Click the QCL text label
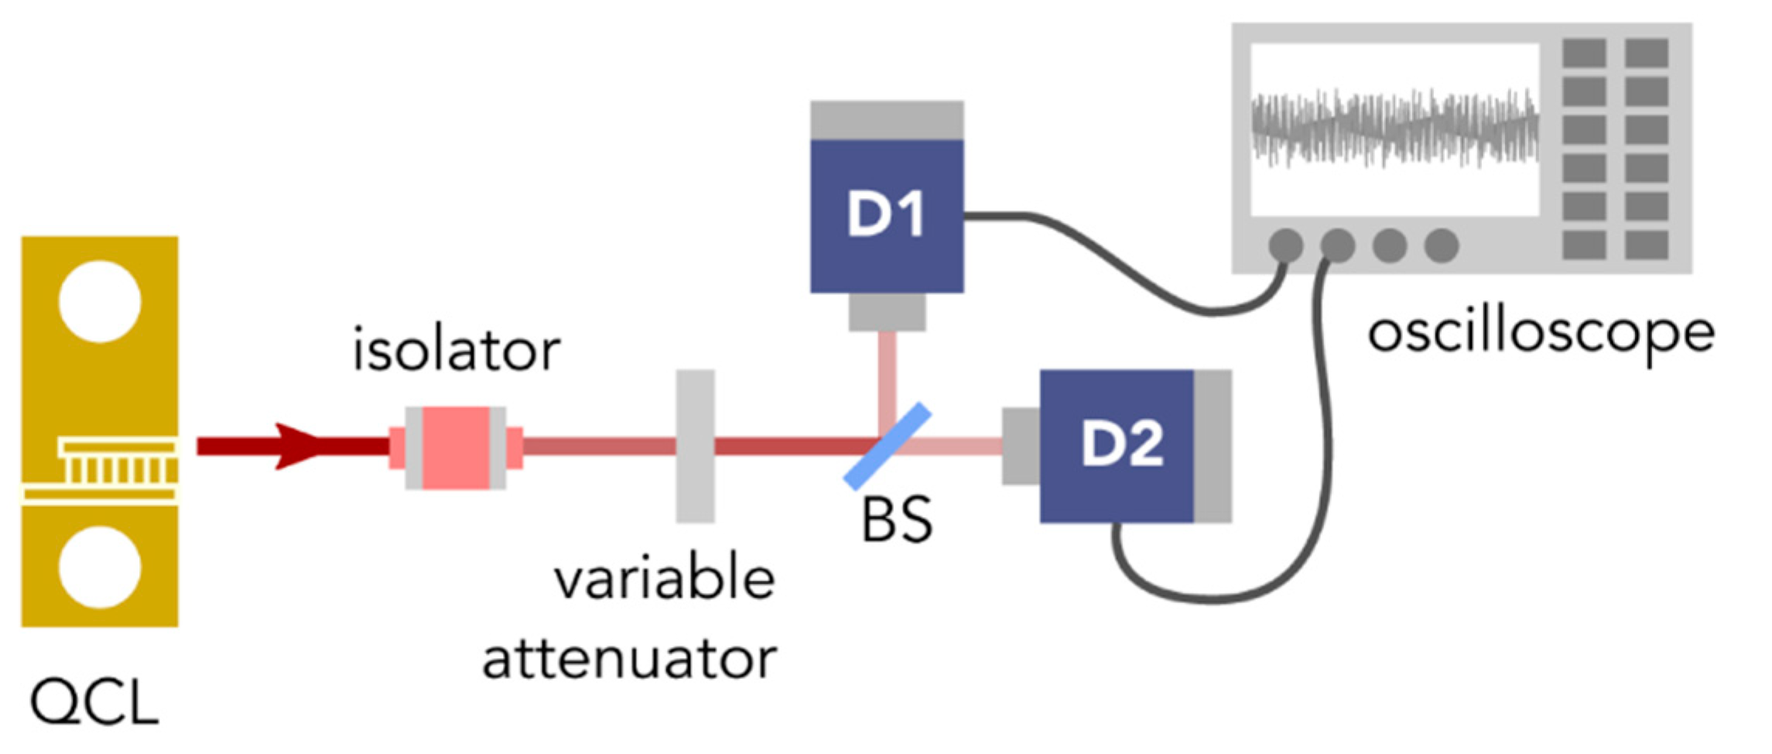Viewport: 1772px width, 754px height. [x=94, y=703]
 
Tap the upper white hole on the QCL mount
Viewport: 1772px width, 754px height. [x=100, y=301]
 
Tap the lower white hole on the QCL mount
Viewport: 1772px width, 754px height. [x=100, y=567]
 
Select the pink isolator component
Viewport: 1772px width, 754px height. [x=456, y=447]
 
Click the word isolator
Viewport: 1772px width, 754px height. [x=456, y=351]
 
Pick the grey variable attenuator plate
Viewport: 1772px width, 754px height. [x=695, y=446]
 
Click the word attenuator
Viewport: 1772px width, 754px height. [x=629, y=659]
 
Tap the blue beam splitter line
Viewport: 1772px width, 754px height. [x=887, y=447]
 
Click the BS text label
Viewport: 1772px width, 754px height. [x=897, y=520]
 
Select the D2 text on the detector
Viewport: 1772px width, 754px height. [x=1121, y=444]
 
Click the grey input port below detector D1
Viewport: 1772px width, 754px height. [x=887, y=312]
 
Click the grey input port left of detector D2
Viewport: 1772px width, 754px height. [x=1021, y=446]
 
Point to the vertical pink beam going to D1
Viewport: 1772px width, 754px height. [x=888, y=379]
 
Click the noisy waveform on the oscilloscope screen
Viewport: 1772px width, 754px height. [x=1394, y=129]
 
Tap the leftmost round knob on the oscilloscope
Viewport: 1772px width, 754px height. [x=1286, y=245]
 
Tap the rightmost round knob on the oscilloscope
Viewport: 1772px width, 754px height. [x=1442, y=245]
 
